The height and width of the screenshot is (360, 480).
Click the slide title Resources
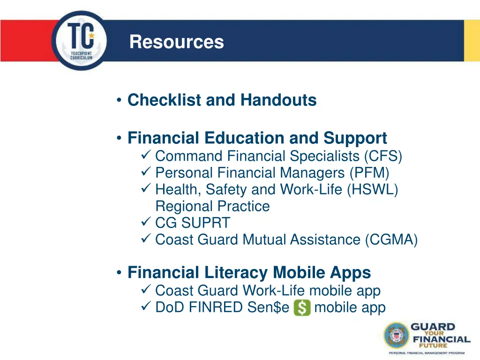coord(177,42)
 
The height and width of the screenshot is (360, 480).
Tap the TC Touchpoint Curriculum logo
coord(80,41)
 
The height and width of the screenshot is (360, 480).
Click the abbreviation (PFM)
coord(369,173)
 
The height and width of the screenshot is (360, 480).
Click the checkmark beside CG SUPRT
coord(145,223)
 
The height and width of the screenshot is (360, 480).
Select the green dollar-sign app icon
coord(302,308)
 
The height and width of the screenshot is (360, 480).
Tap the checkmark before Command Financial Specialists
coord(145,156)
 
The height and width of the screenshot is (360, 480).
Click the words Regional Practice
coord(212,206)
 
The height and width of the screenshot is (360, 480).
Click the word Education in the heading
coord(245,138)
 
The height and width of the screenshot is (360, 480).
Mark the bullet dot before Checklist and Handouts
coord(120,100)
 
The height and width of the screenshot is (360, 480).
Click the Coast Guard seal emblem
coord(396,336)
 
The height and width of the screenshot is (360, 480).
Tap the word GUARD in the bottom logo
coord(433,327)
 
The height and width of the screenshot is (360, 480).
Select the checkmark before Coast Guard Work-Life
coord(145,291)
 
